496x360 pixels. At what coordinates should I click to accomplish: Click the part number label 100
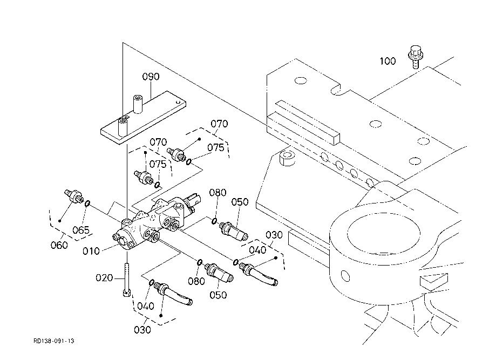[x=388, y=61]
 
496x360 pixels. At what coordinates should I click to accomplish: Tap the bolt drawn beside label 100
[x=415, y=57]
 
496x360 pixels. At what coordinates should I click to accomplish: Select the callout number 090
[x=151, y=77]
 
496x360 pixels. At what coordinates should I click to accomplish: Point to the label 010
[x=91, y=251]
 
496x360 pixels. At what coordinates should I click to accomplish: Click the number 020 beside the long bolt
[x=104, y=278]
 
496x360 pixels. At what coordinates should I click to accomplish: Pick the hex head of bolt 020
[x=127, y=293]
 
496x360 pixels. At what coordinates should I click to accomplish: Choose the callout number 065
[x=81, y=230]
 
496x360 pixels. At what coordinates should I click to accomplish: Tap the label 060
[x=59, y=245]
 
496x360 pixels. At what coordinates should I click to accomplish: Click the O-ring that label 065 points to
[x=87, y=203]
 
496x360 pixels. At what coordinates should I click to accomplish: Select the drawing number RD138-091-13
[x=54, y=341]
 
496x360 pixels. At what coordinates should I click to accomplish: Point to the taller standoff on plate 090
[x=138, y=104]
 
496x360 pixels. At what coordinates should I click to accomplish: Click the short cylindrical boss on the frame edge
[x=288, y=158]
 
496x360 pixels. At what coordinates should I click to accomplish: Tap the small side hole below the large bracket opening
[x=345, y=275]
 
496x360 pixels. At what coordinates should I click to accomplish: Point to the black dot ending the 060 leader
[x=59, y=221]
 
